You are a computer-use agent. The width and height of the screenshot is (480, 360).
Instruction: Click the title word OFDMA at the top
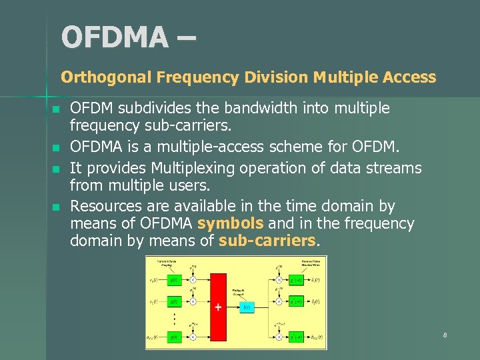click(x=114, y=37)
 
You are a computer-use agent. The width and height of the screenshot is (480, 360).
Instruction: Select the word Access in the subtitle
click(x=409, y=77)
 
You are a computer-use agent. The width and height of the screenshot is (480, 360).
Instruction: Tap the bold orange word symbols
click(x=230, y=223)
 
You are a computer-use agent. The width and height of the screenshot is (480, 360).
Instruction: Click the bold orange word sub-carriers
click(x=267, y=241)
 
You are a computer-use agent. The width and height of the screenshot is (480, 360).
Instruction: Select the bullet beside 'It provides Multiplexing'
click(x=57, y=169)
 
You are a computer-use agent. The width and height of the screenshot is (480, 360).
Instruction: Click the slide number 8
click(x=444, y=335)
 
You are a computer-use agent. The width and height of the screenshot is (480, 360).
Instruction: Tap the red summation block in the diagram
click(x=217, y=307)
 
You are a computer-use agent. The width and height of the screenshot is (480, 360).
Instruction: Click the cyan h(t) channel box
click(x=246, y=307)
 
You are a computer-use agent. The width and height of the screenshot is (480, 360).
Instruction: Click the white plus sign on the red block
click(x=217, y=307)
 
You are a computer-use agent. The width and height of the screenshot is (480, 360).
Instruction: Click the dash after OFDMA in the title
click(x=186, y=37)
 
